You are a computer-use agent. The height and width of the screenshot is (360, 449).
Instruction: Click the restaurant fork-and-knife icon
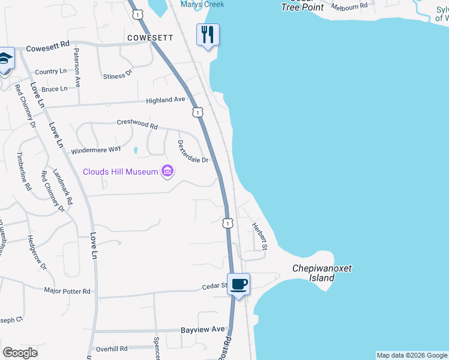click(x=208, y=34)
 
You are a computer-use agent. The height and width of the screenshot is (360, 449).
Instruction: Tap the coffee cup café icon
click(x=238, y=284)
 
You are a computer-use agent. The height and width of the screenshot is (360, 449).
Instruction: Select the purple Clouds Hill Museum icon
click(x=167, y=172)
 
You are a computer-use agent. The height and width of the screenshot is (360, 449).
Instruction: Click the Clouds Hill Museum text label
click(x=120, y=172)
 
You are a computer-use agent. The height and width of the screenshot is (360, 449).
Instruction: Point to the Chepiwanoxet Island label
click(x=321, y=274)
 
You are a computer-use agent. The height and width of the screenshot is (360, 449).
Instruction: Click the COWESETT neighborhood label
click(x=150, y=38)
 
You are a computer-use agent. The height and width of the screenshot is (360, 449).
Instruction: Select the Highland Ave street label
click(x=167, y=100)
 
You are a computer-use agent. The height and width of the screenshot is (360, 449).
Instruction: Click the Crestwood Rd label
click(x=137, y=127)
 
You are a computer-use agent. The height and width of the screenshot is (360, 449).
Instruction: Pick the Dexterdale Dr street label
click(x=193, y=152)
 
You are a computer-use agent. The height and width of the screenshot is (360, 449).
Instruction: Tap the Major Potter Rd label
click(x=67, y=291)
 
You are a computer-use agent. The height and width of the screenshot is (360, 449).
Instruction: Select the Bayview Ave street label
click(x=203, y=329)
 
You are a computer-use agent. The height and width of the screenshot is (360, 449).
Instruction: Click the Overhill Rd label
click(x=112, y=349)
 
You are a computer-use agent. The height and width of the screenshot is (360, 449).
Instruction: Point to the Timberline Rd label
click(x=24, y=170)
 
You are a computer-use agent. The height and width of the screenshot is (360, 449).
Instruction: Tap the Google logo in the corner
click(x=20, y=353)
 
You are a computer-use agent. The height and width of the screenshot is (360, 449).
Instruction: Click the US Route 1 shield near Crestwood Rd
click(x=197, y=112)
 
